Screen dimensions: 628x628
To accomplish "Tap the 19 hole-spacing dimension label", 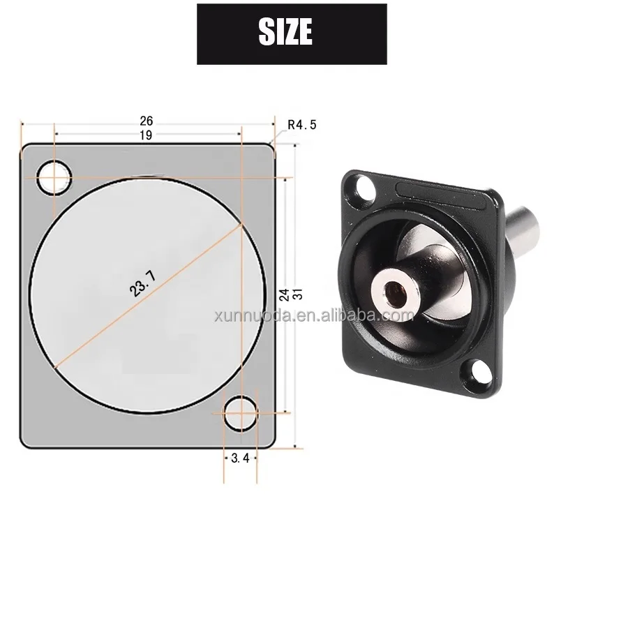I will [145, 135].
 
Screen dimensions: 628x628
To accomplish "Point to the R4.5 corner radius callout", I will [302, 125].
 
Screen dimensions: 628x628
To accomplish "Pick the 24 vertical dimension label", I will [284, 294].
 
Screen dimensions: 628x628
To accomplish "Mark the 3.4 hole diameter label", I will [240, 458].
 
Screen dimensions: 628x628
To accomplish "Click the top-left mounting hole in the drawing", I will [54, 177].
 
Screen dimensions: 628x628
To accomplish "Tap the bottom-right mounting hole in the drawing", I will [241, 412].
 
